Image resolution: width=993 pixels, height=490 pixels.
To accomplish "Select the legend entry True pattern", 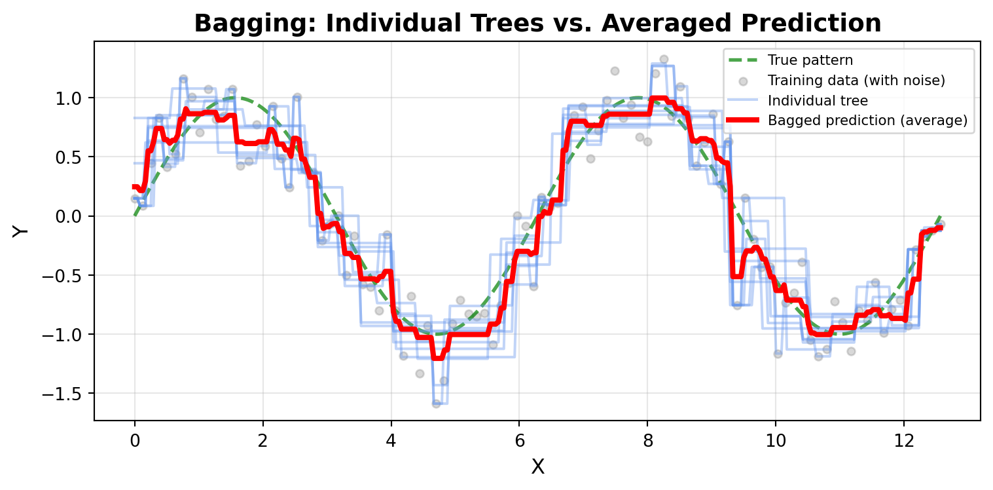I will (x=810, y=61).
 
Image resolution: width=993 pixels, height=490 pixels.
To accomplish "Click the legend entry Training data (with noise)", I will (x=857, y=81).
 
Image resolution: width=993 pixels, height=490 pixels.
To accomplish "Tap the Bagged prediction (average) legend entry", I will (x=867, y=121).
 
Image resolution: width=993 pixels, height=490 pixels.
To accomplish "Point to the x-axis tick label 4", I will (x=391, y=438).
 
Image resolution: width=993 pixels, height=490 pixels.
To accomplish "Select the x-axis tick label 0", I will (x=135, y=438).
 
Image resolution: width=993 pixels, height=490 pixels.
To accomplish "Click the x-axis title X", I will (x=537, y=466).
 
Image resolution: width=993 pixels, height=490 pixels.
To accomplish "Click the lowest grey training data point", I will (x=436, y=404).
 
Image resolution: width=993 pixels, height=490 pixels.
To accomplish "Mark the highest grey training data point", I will (x=663, y=59).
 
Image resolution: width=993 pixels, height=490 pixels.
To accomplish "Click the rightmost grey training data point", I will (x=941, y=224).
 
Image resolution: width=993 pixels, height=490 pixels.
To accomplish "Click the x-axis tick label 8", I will (x=647, y=438).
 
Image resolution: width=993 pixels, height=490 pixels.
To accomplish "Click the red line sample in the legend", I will (x=742, y=121).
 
